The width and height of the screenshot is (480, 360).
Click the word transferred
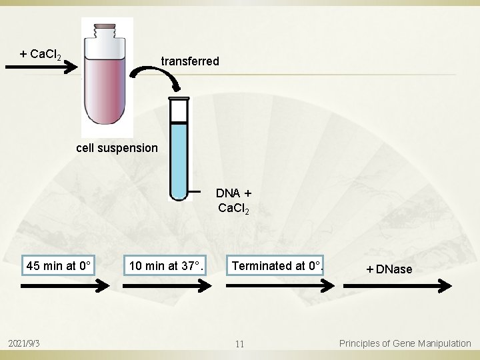(190, 61)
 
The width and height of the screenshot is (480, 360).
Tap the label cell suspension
(117, 147)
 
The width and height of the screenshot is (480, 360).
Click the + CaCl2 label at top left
(41, 54)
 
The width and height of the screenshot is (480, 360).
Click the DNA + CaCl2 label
(233, 200)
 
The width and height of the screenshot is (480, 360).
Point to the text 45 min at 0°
(59, 266)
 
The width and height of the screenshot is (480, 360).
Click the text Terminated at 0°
(277, 266)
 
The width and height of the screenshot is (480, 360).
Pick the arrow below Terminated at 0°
(280, 285)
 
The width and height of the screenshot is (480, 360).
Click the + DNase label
(389, 269)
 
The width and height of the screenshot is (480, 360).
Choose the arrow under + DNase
(397, 285)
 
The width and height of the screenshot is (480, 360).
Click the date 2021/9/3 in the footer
(25, 343)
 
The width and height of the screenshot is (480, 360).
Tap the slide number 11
(240, 344)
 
